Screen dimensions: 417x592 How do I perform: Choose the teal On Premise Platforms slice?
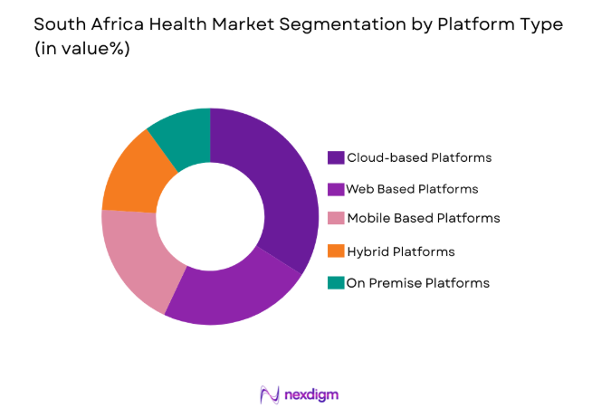[x=182, y=132]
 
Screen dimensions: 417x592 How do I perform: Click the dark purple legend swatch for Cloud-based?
[x=336, y=157]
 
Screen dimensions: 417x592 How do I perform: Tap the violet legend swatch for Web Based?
[x=336, y=189]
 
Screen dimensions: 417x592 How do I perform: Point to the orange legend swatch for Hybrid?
[x=336, y=251]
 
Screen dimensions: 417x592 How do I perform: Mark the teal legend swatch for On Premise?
[x=336, y=282]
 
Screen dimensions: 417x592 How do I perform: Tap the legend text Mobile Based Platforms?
[x=424, y=218]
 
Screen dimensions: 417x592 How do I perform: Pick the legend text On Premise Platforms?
[x=418, y=282]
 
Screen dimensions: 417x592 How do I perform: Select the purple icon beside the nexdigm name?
[x=269, y=394]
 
